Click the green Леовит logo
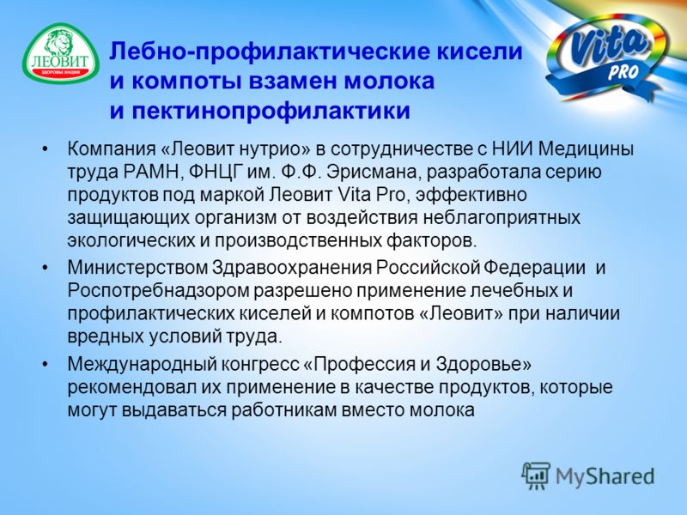point(61,53)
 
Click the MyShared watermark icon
point(536,476)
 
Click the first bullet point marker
point(45,149)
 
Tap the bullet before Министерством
point(45,268)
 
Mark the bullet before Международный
point(45,364)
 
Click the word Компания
point(112,149)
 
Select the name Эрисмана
point(374,173)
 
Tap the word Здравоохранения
point(291,267)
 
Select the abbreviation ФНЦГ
point(211,173)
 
